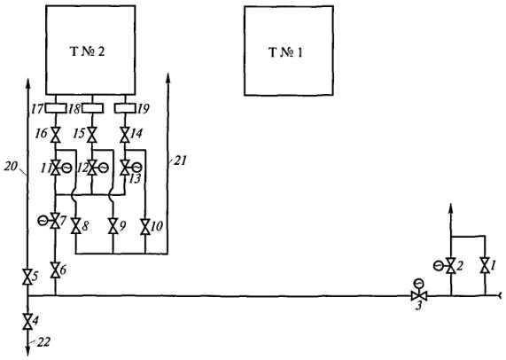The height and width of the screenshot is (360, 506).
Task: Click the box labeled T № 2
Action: [x=90, y=50]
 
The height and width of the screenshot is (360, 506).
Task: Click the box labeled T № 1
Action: [x=289, y=51]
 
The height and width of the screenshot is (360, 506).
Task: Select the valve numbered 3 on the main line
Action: [x=419, y=295]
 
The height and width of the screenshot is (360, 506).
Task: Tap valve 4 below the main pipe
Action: [x=27, y=321]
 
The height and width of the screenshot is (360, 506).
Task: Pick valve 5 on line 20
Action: [x=27, y=277]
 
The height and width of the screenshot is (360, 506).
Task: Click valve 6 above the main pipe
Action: [x=56, y=270]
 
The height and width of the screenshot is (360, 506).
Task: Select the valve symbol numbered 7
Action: [x=56, y=221]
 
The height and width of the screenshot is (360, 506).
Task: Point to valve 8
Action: [x=76, y=226]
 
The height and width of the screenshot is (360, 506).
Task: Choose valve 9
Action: [x=113, y=226]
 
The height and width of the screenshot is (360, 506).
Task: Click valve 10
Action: [x=145, y=227]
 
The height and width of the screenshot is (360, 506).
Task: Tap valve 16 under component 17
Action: [x=56, y=135]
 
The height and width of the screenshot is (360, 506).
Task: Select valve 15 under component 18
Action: [x=92, y=135]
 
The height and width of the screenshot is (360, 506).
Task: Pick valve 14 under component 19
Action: [x=125, y=135]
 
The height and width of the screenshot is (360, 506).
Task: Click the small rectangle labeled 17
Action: [x=55, y=108]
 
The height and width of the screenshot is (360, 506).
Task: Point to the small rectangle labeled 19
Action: [x=125, y=108]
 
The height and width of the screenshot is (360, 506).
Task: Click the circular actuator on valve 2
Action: [x=440, y=266]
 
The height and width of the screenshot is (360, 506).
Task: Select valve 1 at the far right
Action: [x=485, y=265]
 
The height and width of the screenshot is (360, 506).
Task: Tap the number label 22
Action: [x=43, y=342]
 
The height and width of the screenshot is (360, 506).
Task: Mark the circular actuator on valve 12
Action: [x=104, y=168]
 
